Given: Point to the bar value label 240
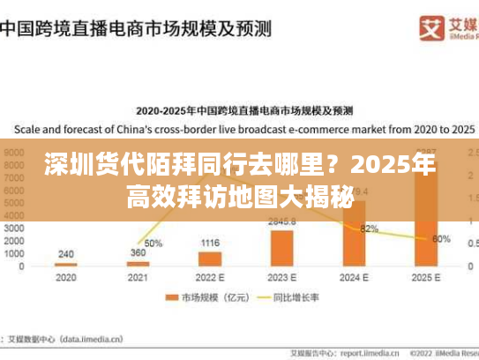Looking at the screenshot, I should [x=65, y=254].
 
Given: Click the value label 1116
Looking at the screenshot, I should [x=209, y=243].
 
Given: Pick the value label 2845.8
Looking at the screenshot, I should [x=281, y=221].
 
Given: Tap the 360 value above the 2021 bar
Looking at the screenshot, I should [x=137, y=253].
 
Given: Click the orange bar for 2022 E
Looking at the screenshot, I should [x=209, y=259].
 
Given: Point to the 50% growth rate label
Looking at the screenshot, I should [x=153, y=243].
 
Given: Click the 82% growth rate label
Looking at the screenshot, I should [x=370, y=229].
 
